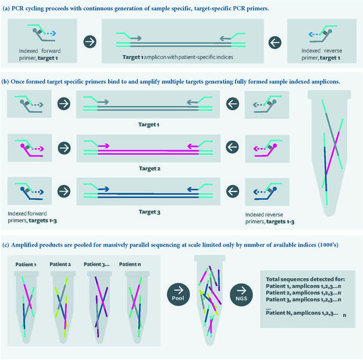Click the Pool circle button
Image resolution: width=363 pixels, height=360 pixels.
pos(178,294)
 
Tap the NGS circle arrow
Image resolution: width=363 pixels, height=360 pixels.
pos(241,295)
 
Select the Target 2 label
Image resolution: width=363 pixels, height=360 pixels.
pos(150,169)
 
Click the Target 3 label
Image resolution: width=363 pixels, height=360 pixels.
pos(149,212)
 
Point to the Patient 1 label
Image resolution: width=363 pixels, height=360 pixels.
pos(26,264)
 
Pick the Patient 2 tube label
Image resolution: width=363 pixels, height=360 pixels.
pos(60,264)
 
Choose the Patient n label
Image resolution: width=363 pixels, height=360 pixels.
pos(130,264)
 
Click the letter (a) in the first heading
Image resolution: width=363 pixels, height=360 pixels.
pos(6,9)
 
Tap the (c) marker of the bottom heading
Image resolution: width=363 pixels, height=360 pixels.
pos(6,245)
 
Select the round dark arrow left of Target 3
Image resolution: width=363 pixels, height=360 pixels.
pos(64,191)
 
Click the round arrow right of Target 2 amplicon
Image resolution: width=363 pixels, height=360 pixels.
pos(232,147)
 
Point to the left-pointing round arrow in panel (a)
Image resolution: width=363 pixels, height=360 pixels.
pos(275,43)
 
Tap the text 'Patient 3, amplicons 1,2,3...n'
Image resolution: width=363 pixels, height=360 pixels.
pos(303,299)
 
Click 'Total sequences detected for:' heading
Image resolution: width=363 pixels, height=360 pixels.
pos(305,279)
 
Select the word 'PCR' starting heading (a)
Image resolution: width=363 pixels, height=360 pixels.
pos(18,9)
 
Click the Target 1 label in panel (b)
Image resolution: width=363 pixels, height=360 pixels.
pos(149,124)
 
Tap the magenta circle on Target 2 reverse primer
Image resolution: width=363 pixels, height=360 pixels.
pos(275,146)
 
